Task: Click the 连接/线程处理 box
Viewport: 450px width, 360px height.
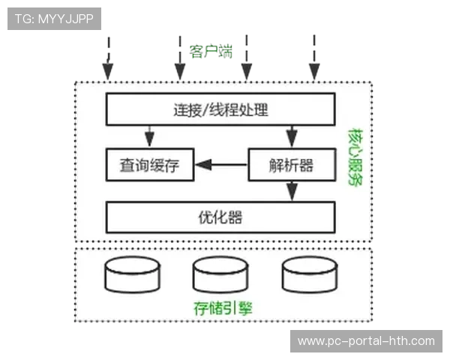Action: [220, 109]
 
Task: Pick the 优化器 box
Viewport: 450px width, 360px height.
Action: [220, 217]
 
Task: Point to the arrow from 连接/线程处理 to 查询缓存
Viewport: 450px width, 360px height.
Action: [149, 136]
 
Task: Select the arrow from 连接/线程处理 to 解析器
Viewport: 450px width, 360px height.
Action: [290, 136]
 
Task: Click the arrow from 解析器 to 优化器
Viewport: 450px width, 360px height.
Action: [290, 190]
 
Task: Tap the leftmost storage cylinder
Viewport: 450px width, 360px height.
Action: [133, 275]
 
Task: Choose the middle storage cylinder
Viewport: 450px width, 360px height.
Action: [220, 275]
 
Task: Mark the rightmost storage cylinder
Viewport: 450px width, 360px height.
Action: [308, 275]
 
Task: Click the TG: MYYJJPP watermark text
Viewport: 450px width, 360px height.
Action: [54, 19]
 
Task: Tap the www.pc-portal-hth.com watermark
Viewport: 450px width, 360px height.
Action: [366, 341]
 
